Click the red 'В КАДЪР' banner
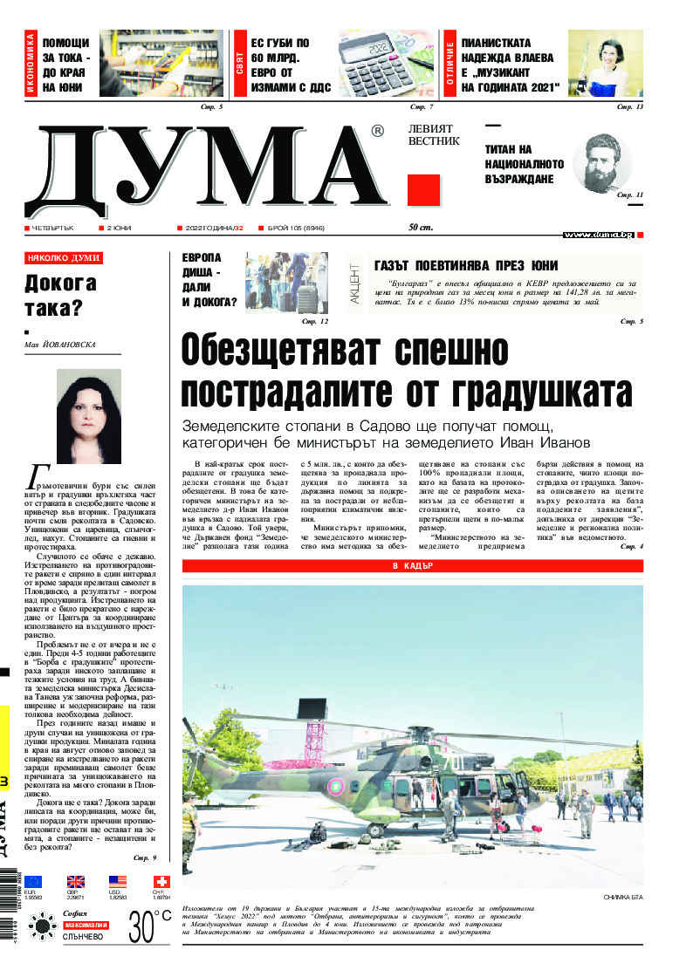click(413, 566)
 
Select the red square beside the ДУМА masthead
click(422, 190)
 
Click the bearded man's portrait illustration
click(607, 163)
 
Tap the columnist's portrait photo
click(88, 416)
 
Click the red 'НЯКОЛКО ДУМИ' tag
click(64, 258)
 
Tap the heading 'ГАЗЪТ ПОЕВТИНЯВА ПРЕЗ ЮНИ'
click(465, 265)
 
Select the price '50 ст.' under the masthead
click(421, 227)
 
